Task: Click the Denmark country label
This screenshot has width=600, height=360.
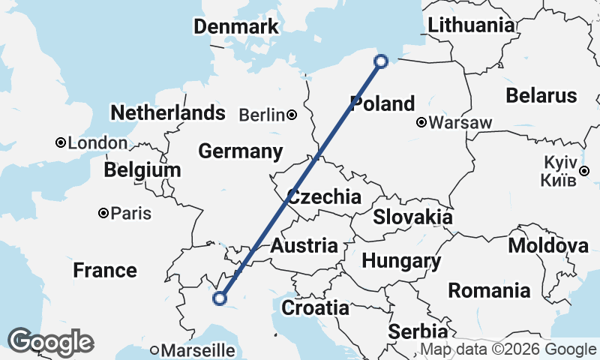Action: coord(235,27)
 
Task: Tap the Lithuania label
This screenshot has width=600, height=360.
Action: coord(471,25)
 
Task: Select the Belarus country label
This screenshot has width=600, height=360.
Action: coord(541,95)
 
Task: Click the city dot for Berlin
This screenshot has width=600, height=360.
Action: coord(292,115)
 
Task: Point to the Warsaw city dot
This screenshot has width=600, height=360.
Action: coord(422,122)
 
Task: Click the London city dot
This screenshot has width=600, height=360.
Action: coord(60,142)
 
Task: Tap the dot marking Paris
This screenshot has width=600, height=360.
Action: coord(103,214)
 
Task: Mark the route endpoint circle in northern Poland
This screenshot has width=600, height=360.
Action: coord(382,61)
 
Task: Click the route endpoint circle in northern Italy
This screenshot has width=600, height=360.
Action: coord(220,298)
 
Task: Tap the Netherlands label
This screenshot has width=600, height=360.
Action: coord(167,113)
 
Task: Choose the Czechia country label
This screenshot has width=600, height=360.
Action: coord(324,197)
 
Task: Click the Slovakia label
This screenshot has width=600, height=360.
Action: coord(412,217)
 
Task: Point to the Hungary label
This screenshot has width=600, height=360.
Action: coord(400,261)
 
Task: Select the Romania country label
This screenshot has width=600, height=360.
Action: coord(488,290)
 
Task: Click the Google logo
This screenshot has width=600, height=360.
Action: coord(51,342)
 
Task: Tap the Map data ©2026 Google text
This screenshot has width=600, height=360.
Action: coord(508,349)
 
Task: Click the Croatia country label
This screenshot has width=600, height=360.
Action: coord(315,307)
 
